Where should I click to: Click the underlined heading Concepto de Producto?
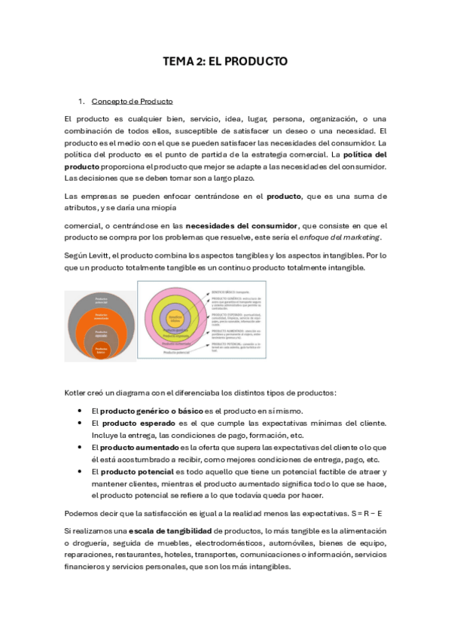click(132, 101)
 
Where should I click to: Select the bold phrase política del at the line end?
click(359, 154)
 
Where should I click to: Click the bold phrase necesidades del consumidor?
click(241, 225)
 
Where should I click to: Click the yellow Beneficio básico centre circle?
click(175, 319)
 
